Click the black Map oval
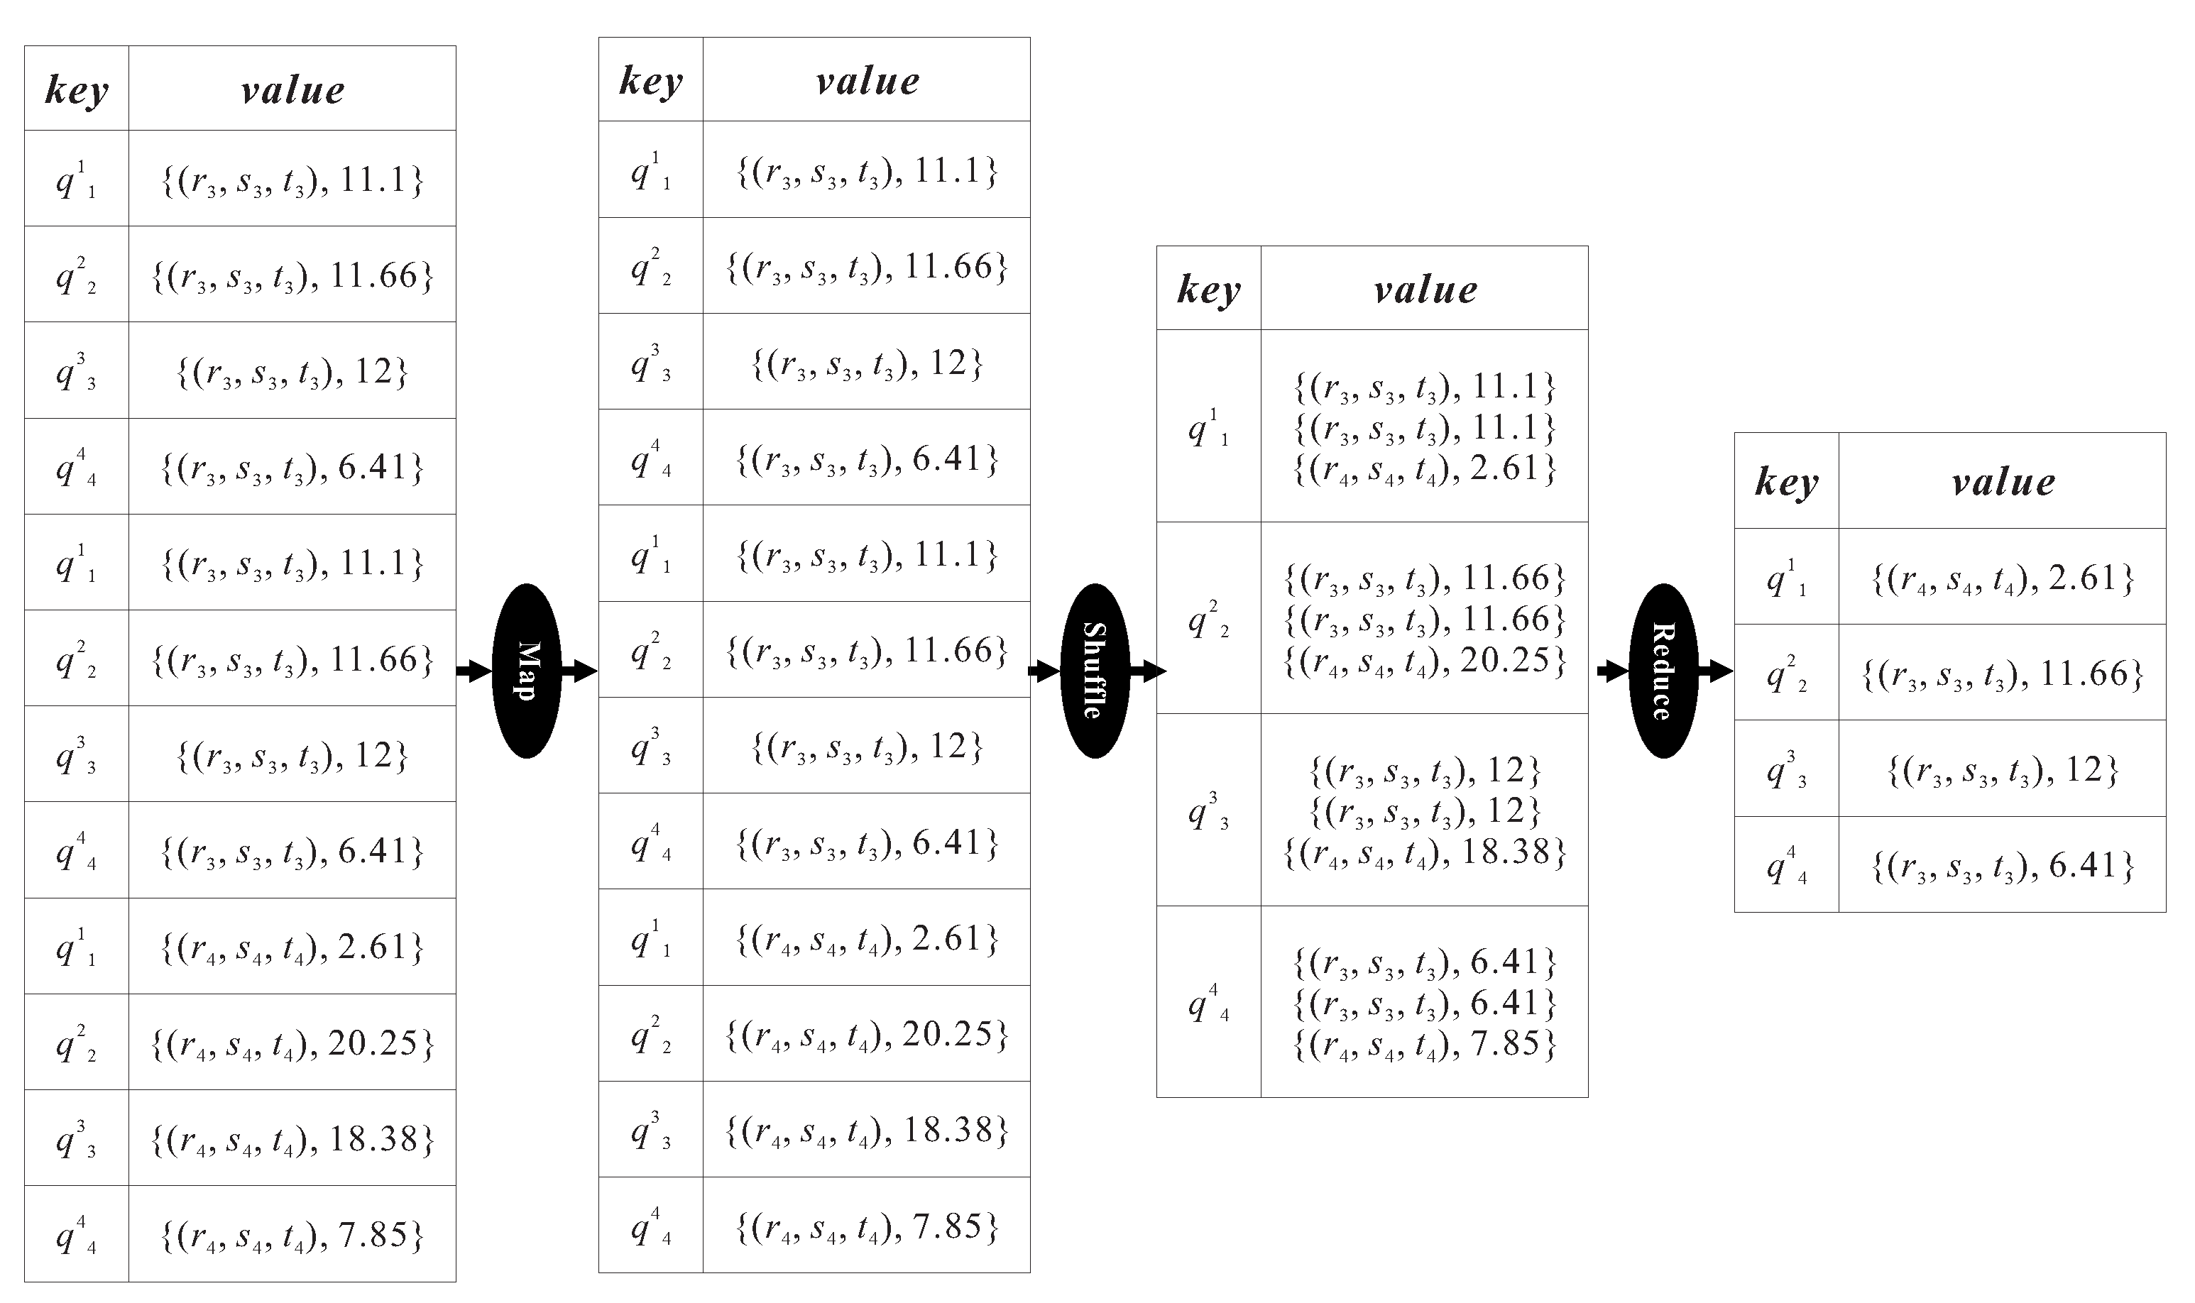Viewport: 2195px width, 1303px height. pos(527,671)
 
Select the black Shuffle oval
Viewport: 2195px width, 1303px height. pos(1095,671)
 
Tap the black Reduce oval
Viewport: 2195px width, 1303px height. pos(1663,671)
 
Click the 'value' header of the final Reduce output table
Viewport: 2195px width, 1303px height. pos(2002,481)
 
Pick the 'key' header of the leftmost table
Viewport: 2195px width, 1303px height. pos(77,89)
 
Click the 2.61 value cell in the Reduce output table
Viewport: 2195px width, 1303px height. pos(2002,578)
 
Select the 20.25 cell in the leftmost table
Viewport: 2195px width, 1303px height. pos(292,1043)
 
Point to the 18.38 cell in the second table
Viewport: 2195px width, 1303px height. pos(867,1129)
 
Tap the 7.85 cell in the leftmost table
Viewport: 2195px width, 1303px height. pos(292,1234)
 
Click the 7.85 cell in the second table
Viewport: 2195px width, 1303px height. pos(867,1226)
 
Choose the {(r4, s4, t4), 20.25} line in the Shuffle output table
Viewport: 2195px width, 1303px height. pos(1424,660)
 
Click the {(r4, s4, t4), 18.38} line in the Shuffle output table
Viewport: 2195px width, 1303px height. pos(1424,852)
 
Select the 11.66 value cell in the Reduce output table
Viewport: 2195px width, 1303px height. pos(2002,674)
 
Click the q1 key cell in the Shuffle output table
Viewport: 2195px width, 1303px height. pos(1208,427)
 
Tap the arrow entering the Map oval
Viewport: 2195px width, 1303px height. pos(474,671)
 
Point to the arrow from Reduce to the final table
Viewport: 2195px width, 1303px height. pos(1716,671)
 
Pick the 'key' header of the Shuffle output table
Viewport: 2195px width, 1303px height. pos(1208,289)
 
